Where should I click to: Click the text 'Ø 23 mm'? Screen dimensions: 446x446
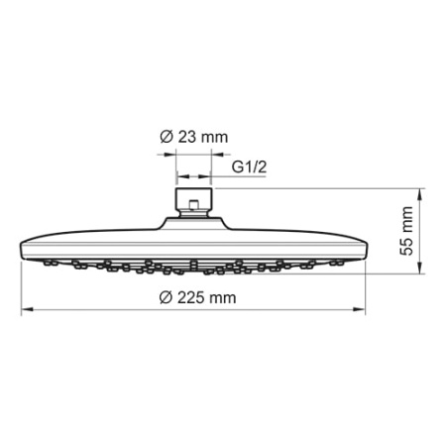[186, 138]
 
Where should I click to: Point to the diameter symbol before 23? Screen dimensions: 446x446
[165, 138]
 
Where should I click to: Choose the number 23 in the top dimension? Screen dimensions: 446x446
[186, 138]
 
